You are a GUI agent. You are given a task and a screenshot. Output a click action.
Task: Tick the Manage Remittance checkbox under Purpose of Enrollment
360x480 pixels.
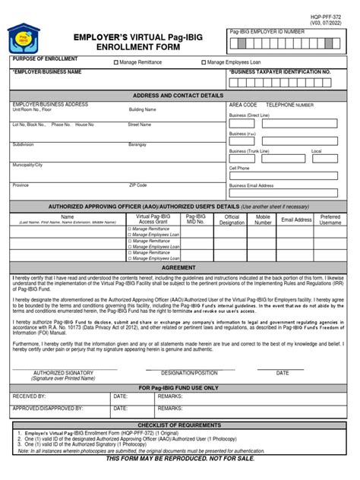[116, 62]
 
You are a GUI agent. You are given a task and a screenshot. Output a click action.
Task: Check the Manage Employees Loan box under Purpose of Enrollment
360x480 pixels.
[204, 62]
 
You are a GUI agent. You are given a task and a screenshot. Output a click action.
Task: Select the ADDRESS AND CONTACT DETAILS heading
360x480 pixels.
[178, 96]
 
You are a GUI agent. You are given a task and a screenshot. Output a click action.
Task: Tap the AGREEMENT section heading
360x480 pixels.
[179, 268]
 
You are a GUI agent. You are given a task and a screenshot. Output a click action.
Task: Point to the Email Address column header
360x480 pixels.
[296, 219]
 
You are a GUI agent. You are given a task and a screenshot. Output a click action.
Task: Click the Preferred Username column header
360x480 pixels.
[330, 219]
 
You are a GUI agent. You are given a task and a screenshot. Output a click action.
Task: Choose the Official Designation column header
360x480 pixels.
[232, 219]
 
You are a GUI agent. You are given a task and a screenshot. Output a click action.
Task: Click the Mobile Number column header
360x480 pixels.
[263, 219]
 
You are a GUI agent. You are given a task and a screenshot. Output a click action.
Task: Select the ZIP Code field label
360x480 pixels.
[138, 185]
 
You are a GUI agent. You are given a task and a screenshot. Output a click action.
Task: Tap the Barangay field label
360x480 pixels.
[137, 144]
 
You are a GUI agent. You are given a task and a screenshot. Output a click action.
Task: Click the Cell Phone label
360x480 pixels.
[239, 169]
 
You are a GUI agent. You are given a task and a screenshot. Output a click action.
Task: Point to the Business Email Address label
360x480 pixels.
[251, 185]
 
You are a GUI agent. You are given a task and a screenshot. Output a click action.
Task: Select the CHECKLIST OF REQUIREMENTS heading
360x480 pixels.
[179, 425]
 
